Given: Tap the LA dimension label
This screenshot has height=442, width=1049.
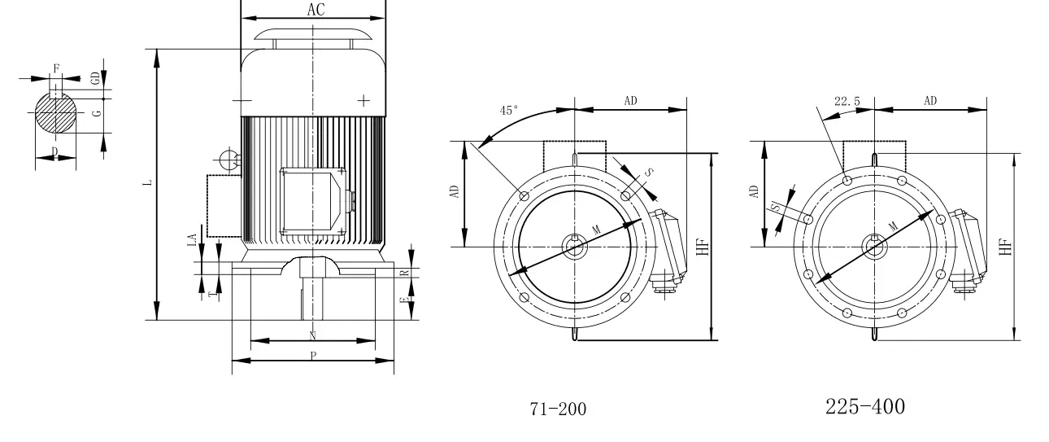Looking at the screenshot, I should coord(192,240).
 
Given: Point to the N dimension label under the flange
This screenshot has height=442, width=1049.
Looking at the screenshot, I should coord(313,335).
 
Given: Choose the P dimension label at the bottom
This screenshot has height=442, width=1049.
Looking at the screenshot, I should coord(313,357).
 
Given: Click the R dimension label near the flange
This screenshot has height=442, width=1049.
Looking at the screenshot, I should coord(404,272).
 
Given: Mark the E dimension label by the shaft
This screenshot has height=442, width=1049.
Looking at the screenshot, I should coord(403,302).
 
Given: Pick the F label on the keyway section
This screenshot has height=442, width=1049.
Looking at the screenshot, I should coord(55,68).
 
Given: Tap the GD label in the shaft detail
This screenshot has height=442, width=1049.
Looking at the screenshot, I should coord(96,78).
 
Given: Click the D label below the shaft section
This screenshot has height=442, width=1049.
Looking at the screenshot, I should coord(54,151).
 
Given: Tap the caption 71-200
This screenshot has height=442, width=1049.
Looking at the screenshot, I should coord(558,409).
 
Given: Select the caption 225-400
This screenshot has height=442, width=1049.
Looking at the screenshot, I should coord(864,406).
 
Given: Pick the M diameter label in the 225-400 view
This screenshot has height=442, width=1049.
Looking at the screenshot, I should coord(894,225).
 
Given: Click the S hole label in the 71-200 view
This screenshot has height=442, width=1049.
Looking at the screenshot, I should coord(646,173).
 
